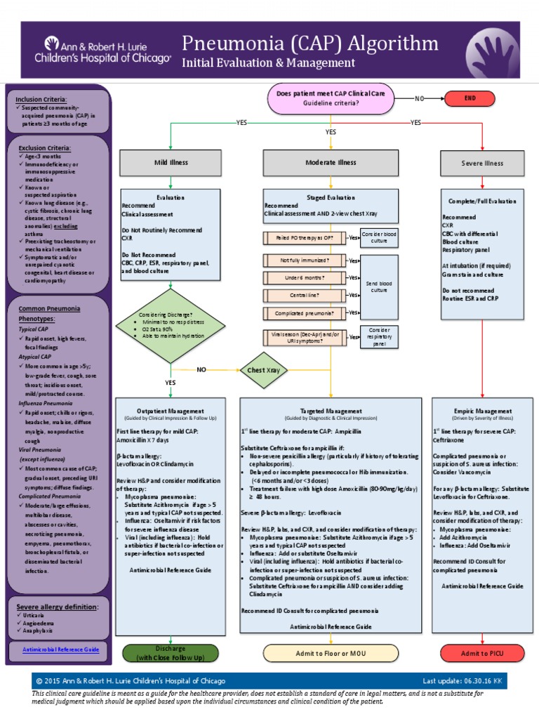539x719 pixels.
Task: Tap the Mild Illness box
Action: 171,162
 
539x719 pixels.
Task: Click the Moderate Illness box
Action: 331,162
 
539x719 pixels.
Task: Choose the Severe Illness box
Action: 482,163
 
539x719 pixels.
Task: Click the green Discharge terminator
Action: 171,652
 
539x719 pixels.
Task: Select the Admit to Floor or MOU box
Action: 331,653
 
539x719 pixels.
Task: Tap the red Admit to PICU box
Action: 483,654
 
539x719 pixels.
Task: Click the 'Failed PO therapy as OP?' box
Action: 305,238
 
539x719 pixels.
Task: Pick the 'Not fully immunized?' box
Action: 305,260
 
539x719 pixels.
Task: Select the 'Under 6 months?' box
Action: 305,277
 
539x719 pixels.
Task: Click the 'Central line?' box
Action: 305,295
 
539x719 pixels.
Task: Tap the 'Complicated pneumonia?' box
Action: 305,312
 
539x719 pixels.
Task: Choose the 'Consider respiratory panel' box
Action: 379,336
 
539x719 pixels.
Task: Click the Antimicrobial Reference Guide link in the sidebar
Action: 60,649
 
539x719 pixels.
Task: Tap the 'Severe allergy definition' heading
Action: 57,606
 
